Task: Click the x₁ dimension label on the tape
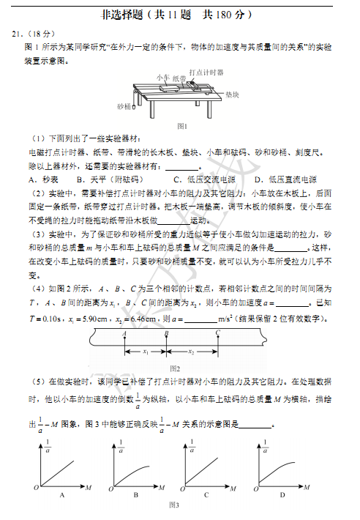[x=146, y=352]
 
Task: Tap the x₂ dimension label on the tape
[x=192, y=352]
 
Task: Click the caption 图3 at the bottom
[x=174, y=506]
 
